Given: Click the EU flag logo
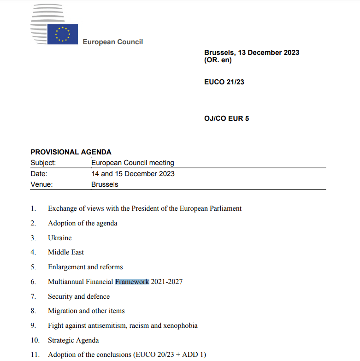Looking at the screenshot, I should [62, 34].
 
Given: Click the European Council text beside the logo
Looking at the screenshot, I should [112, 42].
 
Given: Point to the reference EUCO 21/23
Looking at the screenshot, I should [224, 82].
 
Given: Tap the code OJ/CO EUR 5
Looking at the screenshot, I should [226, 118].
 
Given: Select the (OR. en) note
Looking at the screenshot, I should [218, 60].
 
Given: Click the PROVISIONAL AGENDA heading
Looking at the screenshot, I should [71, 152].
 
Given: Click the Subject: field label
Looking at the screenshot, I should [43, 163].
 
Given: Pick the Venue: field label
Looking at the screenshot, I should [41, 184].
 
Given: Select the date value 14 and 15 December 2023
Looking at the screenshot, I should [133, 174].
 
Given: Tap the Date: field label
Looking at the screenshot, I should [39, 174].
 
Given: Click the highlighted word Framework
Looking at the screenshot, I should [132, 281].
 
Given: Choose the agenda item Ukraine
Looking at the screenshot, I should [59, 238].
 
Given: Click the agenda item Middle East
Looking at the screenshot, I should [66, 252].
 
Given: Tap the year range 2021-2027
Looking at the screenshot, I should [166, 281].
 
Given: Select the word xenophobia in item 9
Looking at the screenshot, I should [180, 325].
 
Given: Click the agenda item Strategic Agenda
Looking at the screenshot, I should [73, 340].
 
